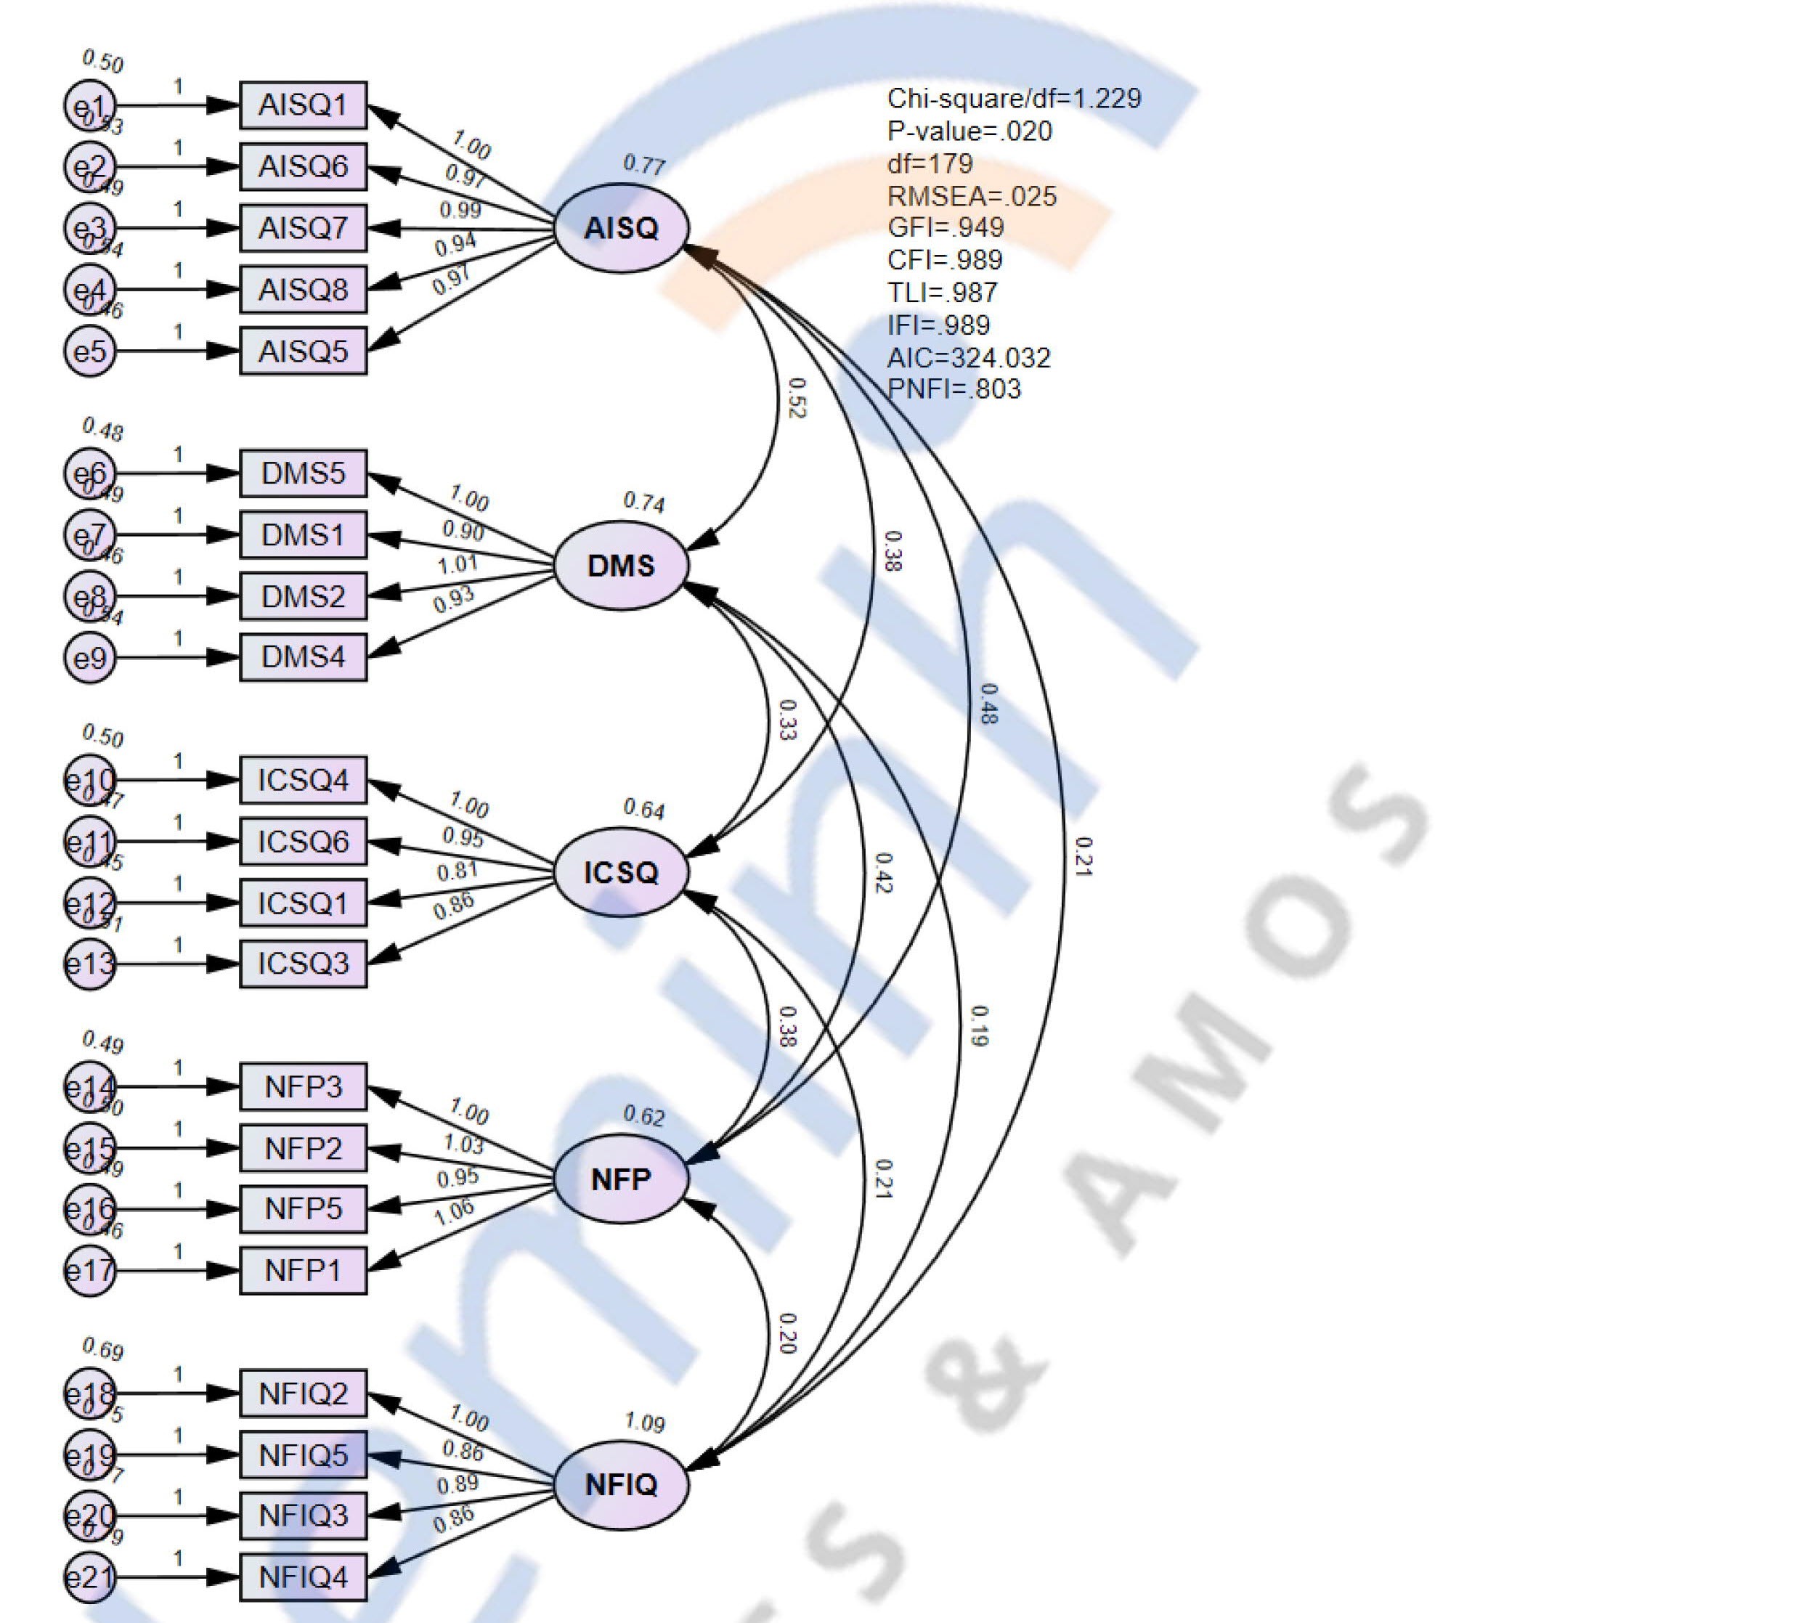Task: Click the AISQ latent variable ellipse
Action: pos(622,228)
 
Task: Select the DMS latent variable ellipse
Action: pos(622,566)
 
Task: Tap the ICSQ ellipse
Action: pos(622,872)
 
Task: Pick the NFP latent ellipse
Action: pos(622,1179)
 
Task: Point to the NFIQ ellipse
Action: pos(622,1485)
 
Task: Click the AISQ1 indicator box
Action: pos(303,105)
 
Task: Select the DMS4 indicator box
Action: pos(303,657)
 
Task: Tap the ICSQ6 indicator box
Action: pos(303,842)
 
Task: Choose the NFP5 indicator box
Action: pos(303,1209)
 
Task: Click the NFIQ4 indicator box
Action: pos(303,1577)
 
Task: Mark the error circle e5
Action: pos(90,351)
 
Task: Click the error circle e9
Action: pos(90,658)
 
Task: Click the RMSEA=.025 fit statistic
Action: pos(971,196)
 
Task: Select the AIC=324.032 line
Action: pos(968,357)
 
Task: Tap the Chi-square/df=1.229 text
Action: pos(1014,98)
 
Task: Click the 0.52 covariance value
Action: pos(796,398)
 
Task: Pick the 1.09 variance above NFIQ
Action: pos(643,1423)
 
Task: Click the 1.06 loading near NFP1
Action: pos(454,1212)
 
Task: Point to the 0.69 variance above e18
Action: pos(102,1350)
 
